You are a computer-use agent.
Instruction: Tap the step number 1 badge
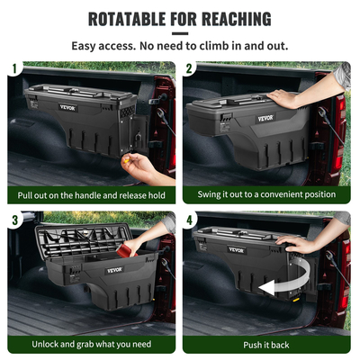point(14,68)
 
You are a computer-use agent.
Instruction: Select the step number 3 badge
point(14,219)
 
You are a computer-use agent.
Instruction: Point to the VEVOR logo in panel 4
point(237,250)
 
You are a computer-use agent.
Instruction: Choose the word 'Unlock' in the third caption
point(49,345)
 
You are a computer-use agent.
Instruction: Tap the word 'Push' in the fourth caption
point(255,345)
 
